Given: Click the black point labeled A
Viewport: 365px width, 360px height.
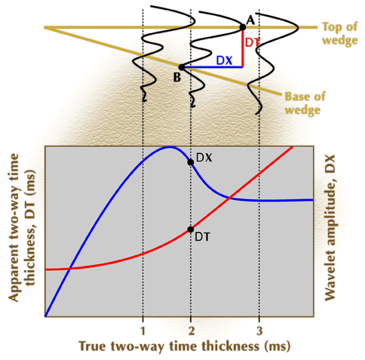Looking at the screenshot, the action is coord(243,27).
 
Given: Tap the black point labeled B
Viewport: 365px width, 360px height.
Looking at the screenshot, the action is coord(182,67).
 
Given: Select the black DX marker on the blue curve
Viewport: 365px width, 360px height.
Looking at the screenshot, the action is coord(191,162).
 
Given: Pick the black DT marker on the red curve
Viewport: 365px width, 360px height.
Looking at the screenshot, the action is coord(191,229).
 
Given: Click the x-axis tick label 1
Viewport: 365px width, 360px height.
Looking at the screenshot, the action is coord(143,331).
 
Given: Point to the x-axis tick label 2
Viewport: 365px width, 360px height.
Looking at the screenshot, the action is coord(192,331).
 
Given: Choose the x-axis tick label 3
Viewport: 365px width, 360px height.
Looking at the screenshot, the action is coord(259,331).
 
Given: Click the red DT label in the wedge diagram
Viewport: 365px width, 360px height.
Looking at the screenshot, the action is coord(252,42).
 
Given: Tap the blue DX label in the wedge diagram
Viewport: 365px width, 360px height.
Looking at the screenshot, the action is coord(224,60).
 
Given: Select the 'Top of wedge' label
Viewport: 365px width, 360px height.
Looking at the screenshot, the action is coord(339,33).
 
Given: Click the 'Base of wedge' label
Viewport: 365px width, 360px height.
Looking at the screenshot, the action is coord(305,103).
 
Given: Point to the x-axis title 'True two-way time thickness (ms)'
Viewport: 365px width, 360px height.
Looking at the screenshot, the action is coord(185,346).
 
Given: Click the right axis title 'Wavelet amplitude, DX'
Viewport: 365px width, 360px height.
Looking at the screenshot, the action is coord(330,228).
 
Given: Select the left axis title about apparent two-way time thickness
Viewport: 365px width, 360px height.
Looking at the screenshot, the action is coord(22,227).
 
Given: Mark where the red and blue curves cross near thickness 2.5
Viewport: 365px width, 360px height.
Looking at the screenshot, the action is coord(229,198).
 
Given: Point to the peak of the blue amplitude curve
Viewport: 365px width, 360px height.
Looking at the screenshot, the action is coord(169,147).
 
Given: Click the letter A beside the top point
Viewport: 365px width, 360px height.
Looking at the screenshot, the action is coord(250,20).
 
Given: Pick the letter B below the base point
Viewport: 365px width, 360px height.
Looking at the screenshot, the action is coord(177,77).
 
